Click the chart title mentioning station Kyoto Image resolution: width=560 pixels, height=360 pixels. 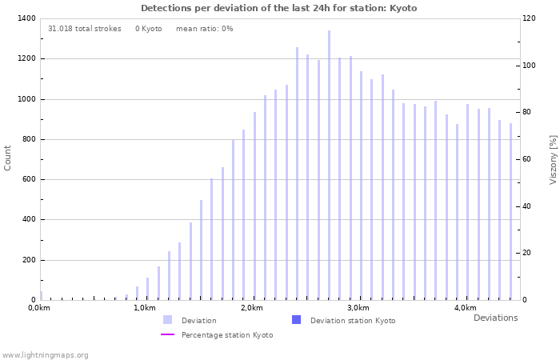point(278,8)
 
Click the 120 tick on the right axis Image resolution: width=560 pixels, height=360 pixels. point(529,18)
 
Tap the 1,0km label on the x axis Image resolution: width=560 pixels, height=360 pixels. point(145,308)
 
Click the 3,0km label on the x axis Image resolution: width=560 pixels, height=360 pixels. point(358,308)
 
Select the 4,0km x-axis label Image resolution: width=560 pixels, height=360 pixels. point(465,308)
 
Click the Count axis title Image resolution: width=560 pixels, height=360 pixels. point(8,158)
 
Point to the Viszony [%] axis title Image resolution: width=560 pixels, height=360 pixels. point(553,159)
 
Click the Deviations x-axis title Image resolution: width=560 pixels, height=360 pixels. point(495,318)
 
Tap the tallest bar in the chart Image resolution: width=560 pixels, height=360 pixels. point(329,165)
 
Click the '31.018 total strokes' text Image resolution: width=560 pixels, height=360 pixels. point(85,29)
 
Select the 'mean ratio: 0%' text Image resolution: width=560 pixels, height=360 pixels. point(204,29)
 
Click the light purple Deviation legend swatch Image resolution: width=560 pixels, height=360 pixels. point(167,320)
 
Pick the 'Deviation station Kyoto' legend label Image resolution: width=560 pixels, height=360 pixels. point(353,321)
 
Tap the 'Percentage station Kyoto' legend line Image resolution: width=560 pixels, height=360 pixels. point(167,335)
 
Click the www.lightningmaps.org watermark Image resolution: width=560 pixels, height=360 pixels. point(45,355)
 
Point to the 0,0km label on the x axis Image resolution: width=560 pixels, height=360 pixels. point(38,308)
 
